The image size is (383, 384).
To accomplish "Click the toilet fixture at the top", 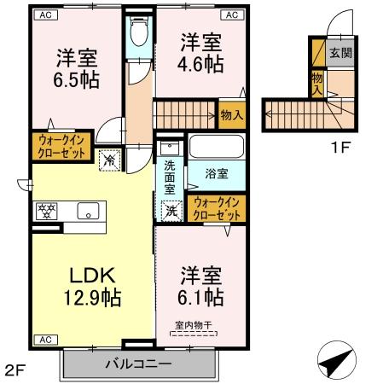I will (139, 32).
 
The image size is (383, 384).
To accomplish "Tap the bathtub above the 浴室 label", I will (216, 147).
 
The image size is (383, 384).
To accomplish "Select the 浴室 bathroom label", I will (218, 173).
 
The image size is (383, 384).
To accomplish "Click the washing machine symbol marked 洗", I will (171, 207).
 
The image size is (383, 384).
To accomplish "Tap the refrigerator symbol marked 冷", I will (110, 157).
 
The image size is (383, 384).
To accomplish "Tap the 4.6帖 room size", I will (201, 64).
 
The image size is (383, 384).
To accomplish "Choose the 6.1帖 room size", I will (202, 298).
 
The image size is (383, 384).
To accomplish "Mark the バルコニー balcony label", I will (138, 364).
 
